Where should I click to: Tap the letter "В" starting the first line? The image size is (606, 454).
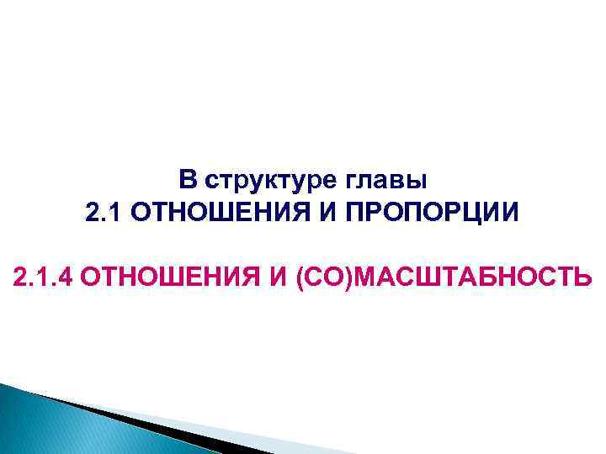tap(188, 179)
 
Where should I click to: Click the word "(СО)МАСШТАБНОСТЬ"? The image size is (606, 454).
tap(443, 276)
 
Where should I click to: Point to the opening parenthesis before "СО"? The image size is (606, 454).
tap(300, 276)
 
